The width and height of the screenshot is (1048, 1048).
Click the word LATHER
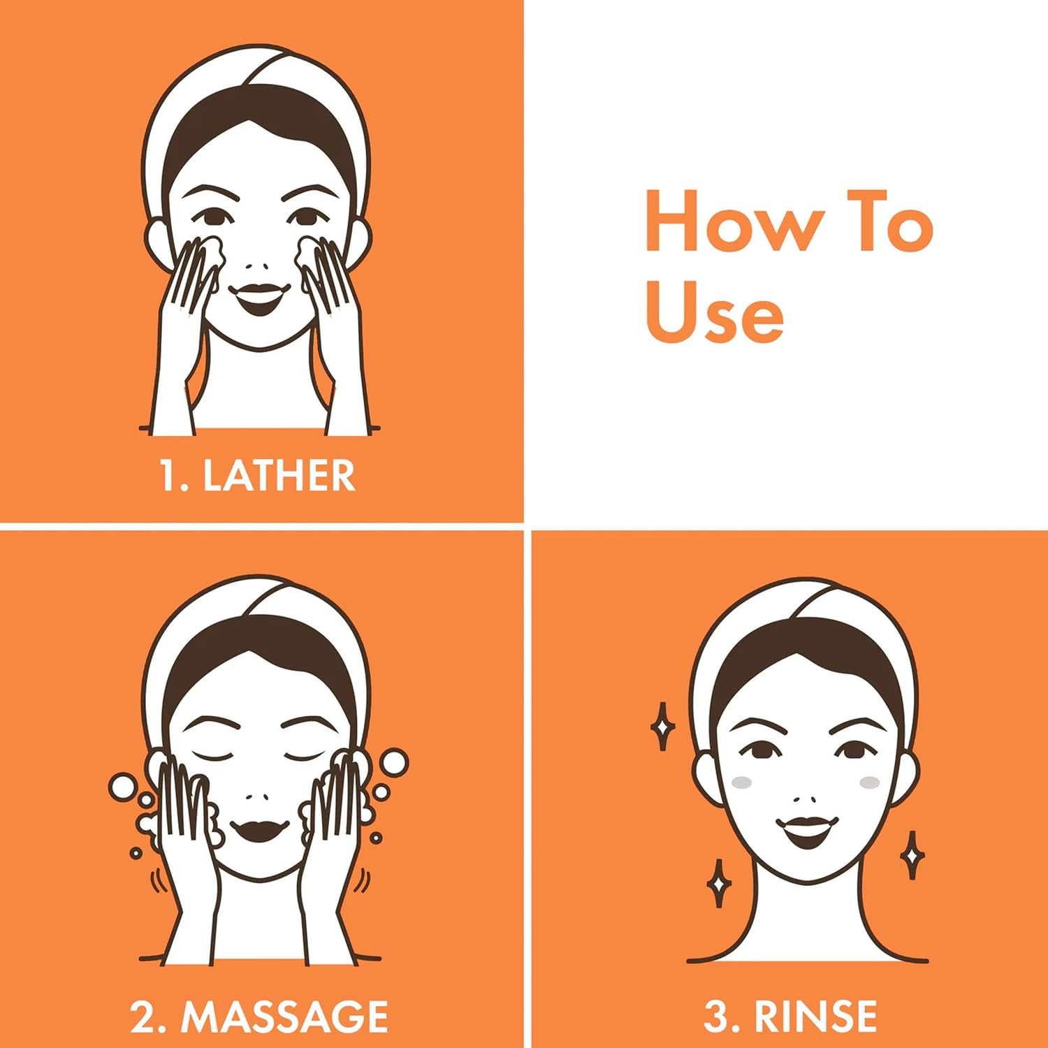(279, 476)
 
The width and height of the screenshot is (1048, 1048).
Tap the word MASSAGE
(284, 1017)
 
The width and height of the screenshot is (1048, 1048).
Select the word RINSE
(815, 1017)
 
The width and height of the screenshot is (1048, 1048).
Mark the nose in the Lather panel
(257, 267)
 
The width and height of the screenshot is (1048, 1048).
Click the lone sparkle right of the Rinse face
(911, 854)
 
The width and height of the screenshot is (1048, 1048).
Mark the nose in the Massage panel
(257, 797)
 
